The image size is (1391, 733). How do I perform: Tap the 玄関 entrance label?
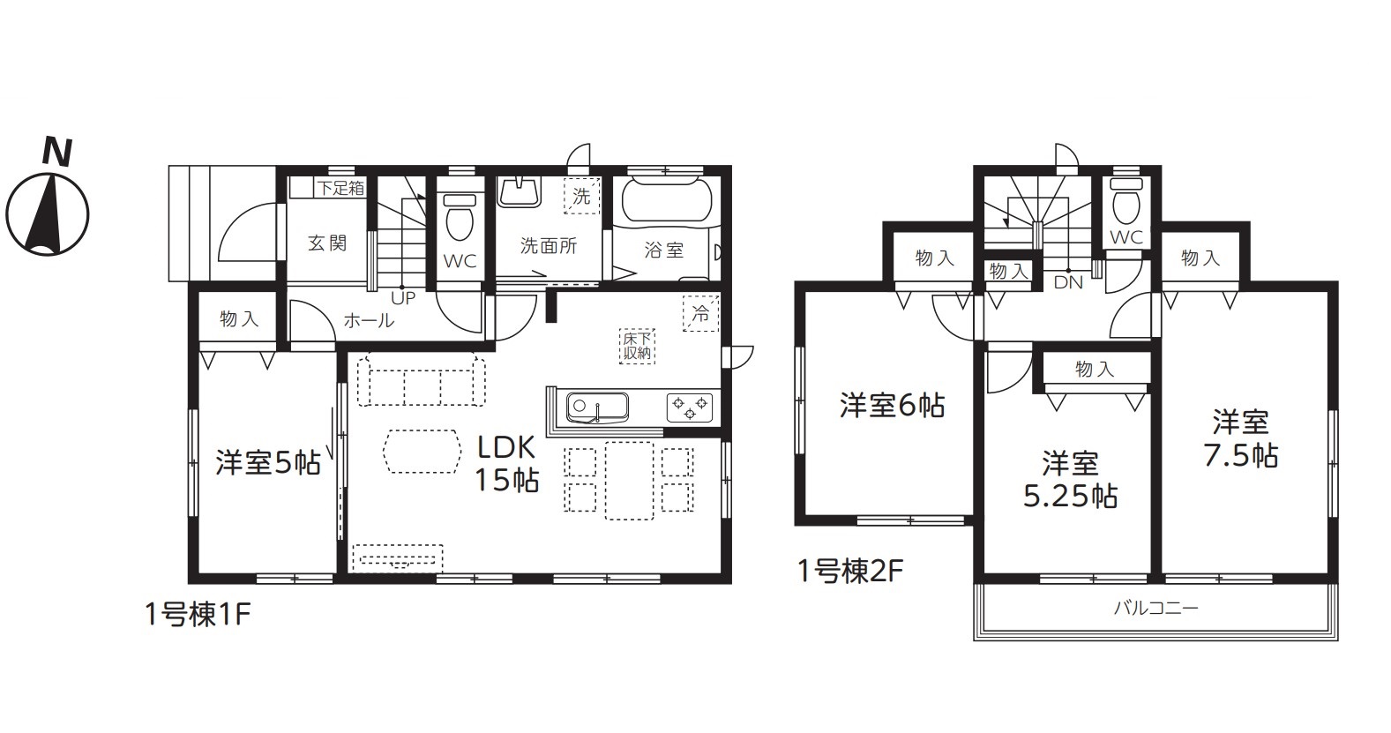pos(327,243)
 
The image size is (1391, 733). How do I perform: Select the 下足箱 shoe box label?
pos(340,188)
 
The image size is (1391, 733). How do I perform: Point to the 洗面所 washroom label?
pos(549,246)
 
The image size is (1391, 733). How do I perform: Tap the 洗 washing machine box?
pos(582,197)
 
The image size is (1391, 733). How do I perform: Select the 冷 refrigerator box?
pos(700,314)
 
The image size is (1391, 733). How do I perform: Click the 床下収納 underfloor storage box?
pos(637,346)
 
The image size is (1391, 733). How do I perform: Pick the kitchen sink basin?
pos(597,408)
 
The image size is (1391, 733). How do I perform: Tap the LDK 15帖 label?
pos(506,463)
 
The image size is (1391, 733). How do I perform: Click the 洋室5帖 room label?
pos(268,463)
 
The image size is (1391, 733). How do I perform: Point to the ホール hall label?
pos(369,320)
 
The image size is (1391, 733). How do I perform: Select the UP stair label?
pos(403,298)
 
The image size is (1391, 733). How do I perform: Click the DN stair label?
pos(1068,282)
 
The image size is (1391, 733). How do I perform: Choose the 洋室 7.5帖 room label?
pos(1241,439)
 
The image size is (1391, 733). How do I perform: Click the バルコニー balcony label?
pos(1155,608)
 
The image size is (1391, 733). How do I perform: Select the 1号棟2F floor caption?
pos(849,572)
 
